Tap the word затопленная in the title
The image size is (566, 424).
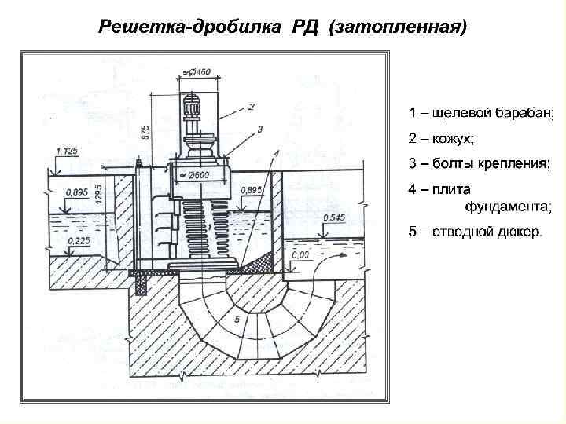click(399, 27)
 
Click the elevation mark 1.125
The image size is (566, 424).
click(67, 151)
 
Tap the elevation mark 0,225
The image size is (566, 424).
click(78, 241)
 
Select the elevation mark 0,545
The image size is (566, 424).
click(334, 217)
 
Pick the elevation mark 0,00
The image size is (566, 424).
click(300, 254)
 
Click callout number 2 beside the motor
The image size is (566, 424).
click(251, 105)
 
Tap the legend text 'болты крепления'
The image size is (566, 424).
click(479, 164)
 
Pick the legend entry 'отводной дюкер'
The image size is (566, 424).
click(475, 232)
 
